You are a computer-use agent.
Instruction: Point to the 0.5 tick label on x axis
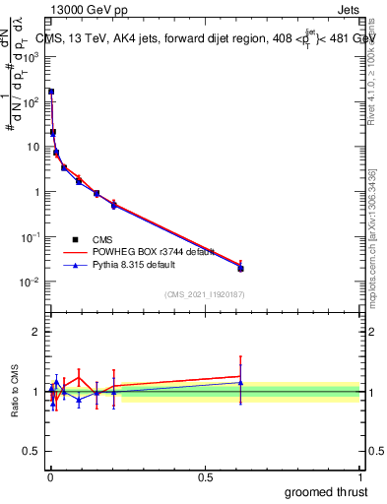point(205,475)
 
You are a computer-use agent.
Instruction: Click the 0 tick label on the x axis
point(50,475)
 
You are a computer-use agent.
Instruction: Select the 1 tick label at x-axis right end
point(360,475)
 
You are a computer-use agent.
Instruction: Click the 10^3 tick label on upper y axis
point(30,57)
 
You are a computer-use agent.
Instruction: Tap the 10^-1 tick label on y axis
point(30,237)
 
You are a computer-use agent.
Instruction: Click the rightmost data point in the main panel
point(240,268)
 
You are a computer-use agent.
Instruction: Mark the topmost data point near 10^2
point(51,92)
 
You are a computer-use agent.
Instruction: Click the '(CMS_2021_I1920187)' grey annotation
point(204,294)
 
